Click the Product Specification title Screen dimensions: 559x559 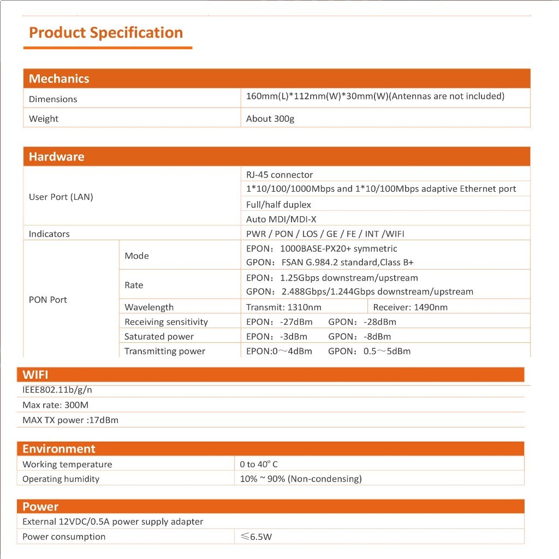click(106, 33)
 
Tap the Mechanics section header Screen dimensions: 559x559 click(59, 79)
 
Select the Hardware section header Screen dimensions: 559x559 click(57, 157)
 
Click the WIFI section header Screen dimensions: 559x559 click(35, 374)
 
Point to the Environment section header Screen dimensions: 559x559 click(59, 449)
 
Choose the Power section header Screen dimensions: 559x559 click(40, 506)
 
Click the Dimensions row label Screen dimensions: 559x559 click(53, 99)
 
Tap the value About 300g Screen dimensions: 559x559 click(270, 118)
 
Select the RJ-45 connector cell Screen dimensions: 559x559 click(279, 175)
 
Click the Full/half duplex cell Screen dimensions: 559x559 click(278, 205)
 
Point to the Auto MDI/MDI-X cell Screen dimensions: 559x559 click(281, 219)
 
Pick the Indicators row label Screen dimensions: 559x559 click(49, 234)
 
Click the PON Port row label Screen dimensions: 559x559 click(48, 300)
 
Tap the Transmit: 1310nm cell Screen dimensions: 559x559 click(283, 307)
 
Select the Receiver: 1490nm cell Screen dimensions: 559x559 click(410, 307)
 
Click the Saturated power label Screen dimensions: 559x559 click(159, 336)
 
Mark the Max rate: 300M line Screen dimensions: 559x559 click(55, 405)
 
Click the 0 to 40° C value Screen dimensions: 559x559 click(259, 464)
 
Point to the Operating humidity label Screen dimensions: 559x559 click(61, 479)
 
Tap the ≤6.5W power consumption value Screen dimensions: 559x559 click(256, 537)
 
